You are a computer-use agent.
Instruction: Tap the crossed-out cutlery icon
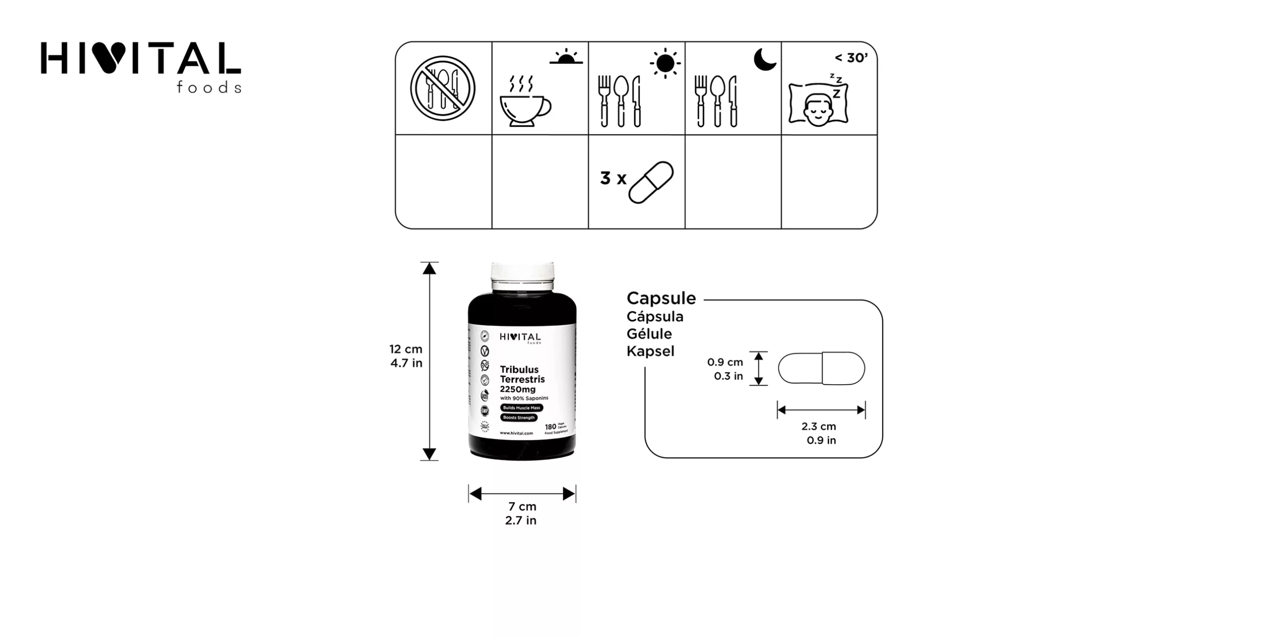tap(443, 89)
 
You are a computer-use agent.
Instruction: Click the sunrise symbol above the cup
tap(566, 57)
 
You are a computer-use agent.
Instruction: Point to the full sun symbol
tap(665, 63)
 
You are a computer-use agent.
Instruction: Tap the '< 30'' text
tap(851, 58)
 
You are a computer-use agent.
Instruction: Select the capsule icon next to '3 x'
tap(651, 182)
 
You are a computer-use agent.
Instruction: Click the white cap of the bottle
tap(522, 276)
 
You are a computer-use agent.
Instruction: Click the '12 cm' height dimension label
tap(406, 349)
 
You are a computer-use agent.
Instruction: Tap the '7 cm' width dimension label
tap(522, 507)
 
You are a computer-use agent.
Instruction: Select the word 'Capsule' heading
tap(661, 298)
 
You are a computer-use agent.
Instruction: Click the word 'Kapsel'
tap(650, 351)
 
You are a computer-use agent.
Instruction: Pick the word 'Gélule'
tap(649, 334)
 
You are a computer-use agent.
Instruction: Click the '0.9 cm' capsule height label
tap(725, 362)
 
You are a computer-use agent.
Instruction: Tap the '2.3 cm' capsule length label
tap(818, 426)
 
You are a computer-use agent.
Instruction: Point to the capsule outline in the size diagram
tap(821, 368)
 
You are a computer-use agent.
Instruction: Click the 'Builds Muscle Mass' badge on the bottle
tap(521, 408)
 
